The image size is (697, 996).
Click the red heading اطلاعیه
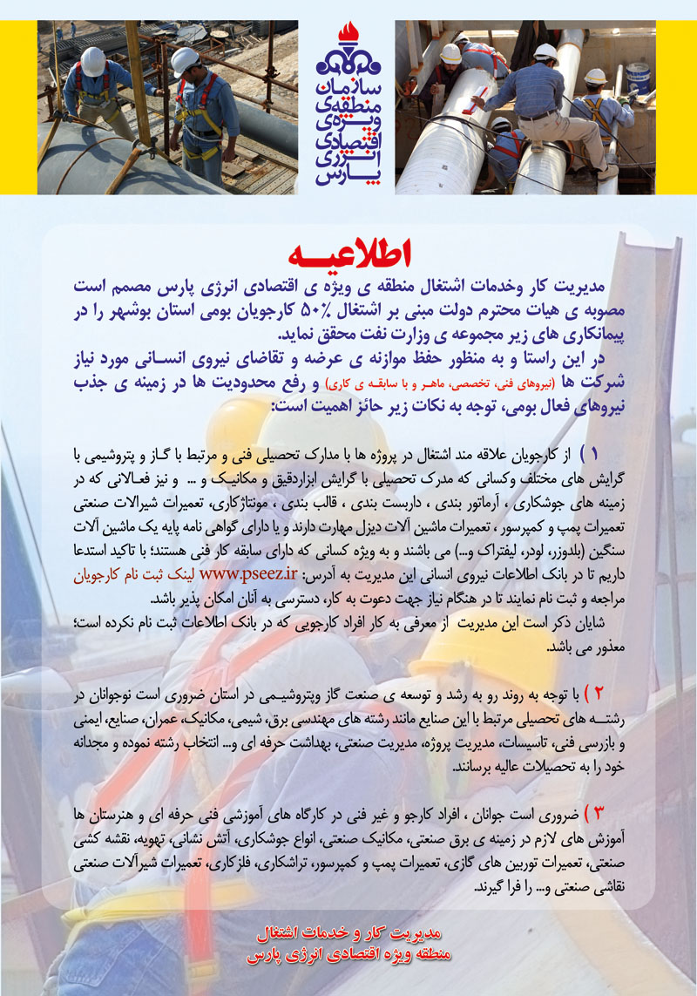click(x=348, y=254)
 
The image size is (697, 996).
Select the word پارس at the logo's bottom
click(x=348, y=174)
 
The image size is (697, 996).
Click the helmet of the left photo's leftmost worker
click(x=92, y=58)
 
